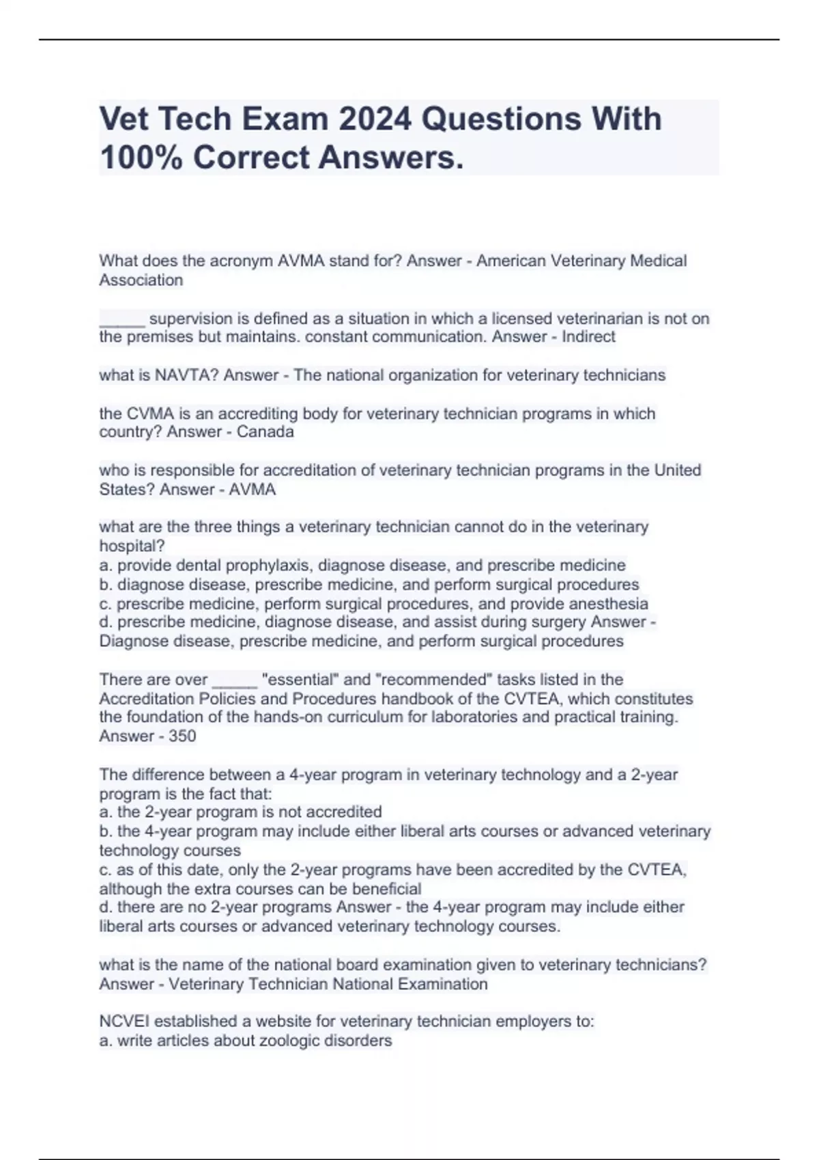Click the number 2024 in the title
coord(375,119)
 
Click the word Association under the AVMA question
coord(141,280)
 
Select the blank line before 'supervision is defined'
coord(121,319)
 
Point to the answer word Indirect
coord(588,336)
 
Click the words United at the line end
coord(678,470)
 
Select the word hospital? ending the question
coord(132,546)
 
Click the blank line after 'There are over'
coord(235,680)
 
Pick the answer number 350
coord(182,736)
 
